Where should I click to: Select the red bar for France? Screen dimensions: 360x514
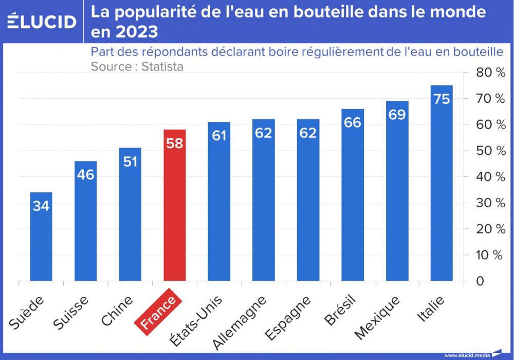click(x=174, y=206)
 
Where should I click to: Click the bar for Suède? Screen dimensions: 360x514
click(x=41, y=237)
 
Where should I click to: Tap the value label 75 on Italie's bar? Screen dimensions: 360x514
click(x=442, y=99)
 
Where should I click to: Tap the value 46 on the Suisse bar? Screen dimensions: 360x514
click(x=85, y=174)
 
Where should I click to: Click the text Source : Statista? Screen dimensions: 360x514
click(x=137, y=66)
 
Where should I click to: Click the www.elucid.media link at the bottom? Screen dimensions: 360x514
click(x=467, y=355)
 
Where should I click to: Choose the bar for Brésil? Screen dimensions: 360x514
click(x=353, y=195)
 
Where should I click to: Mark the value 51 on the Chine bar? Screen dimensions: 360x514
click(x=130, y=161)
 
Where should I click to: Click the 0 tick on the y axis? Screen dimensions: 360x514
click(x=479, y=281)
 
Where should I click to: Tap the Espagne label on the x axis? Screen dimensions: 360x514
click(x=287, y=318)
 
